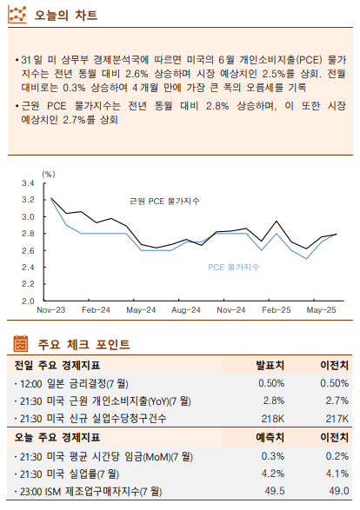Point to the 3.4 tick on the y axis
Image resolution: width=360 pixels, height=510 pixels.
[28, 183]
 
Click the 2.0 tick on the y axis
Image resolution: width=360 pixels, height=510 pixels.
[28, 301]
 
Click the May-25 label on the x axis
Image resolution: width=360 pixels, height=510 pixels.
[322, 310]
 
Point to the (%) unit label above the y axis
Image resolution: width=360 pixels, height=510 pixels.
[48, 174]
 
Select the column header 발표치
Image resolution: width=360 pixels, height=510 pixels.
[270, 365]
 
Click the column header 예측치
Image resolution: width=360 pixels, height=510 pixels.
[270, 437]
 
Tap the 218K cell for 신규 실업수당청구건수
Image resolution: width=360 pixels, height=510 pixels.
[272, 419]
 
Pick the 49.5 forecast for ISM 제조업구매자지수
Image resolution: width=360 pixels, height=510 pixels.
[272, 492]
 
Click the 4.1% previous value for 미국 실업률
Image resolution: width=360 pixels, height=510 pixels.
[334, 474]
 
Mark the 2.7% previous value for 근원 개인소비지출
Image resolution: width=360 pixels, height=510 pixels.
[334, 401]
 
